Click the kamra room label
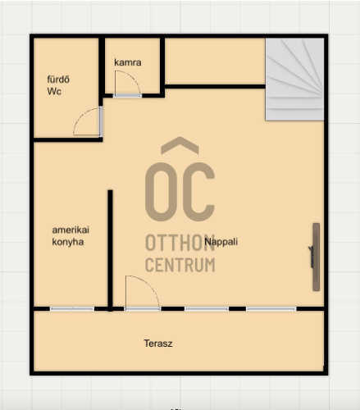(x=128, y=62)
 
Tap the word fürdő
(x=58, y=80)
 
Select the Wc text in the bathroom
(x=54, y=91)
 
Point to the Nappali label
(x=221, y=242)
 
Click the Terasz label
(x=158, y=344)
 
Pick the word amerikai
(x=71, y=230)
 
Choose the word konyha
(x=68, y=242)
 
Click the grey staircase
(x=294, y=80)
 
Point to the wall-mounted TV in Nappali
(x=316, y=257)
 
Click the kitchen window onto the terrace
(x=72, y=309)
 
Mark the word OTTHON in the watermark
(x=180, y=243)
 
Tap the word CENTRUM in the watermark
(x=180, y=265)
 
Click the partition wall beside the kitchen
(x=110, y=251)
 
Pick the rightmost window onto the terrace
(x=271, y=309)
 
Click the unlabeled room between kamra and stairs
(x=215, y=61)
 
